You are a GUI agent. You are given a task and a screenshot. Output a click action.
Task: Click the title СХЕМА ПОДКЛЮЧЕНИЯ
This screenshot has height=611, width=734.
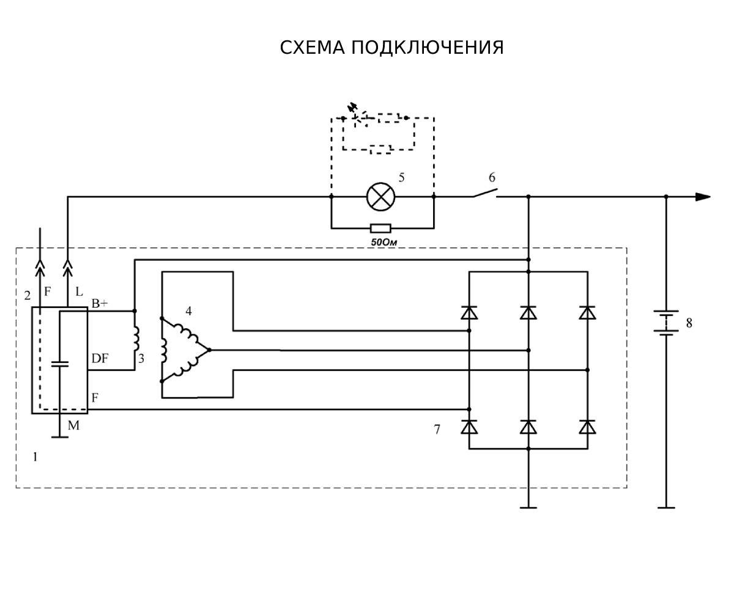click(391, 48)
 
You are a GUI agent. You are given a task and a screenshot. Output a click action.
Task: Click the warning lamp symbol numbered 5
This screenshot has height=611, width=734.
click(380, 197)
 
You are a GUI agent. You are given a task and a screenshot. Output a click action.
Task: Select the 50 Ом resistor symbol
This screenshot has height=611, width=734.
click(380, 229)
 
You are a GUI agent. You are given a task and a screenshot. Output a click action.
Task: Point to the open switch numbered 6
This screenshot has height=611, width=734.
click(484, 194)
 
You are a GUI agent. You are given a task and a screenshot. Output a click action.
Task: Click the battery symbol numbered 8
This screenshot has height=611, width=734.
click(666, 323)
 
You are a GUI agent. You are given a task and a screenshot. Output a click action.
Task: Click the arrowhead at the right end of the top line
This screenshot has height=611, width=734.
click(703, 197)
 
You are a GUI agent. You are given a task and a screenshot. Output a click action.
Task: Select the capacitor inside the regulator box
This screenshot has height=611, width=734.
click(59, 364)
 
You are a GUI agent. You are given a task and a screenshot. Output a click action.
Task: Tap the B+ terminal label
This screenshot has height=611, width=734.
click(100, 304)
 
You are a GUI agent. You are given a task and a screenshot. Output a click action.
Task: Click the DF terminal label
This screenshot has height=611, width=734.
click(100, 359)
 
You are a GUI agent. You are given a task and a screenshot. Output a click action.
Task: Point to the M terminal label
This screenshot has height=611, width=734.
click(73, 426)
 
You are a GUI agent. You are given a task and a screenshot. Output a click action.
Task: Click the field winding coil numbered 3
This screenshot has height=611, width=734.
click(136, 340)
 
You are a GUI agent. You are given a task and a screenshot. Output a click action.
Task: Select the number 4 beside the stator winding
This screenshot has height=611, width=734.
click(188, 312)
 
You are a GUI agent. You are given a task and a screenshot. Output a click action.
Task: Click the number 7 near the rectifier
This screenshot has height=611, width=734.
click(437, 430)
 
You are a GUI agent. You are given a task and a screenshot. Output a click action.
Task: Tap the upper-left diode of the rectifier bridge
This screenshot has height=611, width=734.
click(469, 313)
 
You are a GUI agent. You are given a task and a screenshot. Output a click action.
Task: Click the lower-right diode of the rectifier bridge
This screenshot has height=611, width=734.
click(587, 427)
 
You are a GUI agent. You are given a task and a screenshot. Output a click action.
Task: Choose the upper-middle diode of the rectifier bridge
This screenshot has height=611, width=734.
click(528, 313)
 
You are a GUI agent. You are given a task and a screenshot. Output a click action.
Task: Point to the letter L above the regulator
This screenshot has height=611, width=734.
click(79, 292)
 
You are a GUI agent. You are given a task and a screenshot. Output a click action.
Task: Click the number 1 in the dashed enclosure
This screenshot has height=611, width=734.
click(35, 456)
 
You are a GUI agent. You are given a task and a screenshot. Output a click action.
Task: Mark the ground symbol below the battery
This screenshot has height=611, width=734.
click(666, 507)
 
